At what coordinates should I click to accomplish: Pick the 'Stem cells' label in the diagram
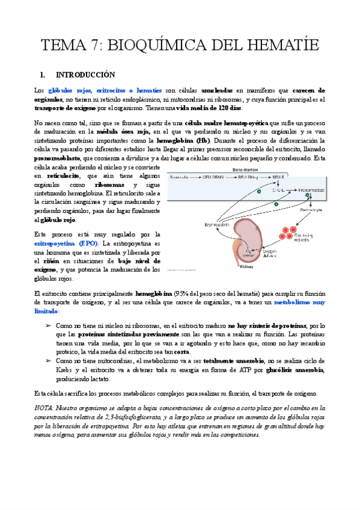click(180, 177)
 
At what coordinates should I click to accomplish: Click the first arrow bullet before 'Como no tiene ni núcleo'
click(49, 325)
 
